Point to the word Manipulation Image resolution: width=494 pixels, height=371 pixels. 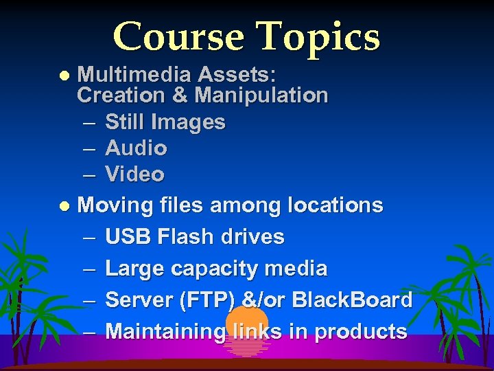261,95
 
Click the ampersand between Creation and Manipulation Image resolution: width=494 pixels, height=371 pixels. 180,95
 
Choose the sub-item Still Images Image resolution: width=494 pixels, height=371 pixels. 165,122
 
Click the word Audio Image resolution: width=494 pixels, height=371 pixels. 136,148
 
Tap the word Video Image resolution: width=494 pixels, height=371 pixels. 134,175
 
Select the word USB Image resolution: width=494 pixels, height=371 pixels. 128,236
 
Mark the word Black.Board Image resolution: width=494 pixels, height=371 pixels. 352,300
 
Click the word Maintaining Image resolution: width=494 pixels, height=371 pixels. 165,331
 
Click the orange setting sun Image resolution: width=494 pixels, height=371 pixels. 246,326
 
